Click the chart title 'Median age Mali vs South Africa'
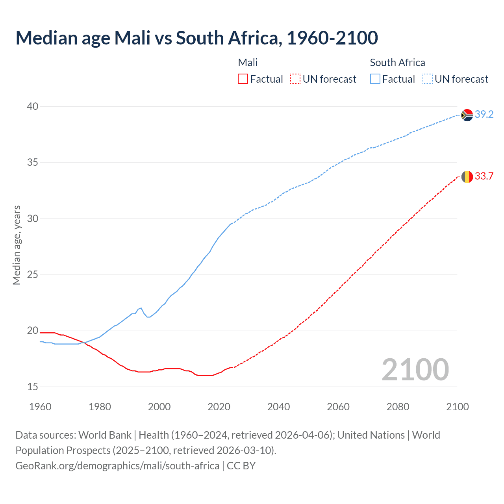196,38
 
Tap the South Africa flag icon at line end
467,115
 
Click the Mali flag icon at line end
467,177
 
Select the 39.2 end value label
484,115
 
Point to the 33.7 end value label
484,176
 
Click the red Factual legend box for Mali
243,79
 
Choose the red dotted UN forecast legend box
295,79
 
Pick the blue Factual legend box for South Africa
375,79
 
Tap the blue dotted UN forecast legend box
427,79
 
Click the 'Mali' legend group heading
248,63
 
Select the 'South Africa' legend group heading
397,63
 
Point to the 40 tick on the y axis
33,106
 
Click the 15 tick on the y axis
33,387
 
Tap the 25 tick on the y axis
33,274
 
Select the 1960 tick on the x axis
40,407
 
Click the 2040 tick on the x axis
278,407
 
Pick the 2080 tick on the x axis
398,407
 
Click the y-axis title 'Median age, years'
17,245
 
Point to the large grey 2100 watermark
415,369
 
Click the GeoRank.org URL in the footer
117,466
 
